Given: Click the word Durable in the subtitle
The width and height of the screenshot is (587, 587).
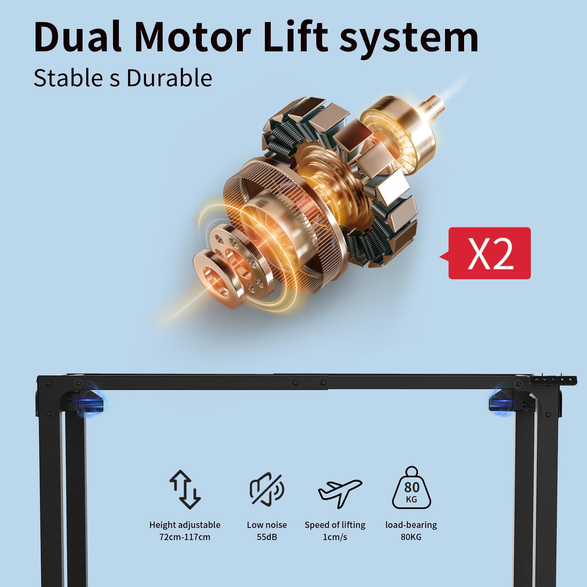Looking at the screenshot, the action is (x=169, y=78).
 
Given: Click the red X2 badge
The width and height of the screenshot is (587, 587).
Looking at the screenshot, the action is (x=485, y=253).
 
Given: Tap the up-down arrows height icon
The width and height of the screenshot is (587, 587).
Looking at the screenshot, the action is (x=185, y=489).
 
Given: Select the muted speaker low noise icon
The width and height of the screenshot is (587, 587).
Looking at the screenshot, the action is (x=267, y=489).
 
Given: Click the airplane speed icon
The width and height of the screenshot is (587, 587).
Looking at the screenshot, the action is (x=340, y=492).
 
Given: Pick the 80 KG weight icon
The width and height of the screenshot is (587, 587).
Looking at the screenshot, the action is (x=412, y=488).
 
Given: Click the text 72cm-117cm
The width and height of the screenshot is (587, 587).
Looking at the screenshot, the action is (x=185, y=537).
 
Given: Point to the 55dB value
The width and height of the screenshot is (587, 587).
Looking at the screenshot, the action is (x=267, y=537).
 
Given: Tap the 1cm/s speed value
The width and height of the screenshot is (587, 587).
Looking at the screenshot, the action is (x=335, y=537).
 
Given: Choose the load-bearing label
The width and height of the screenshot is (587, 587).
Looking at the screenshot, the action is (x=411, y=525).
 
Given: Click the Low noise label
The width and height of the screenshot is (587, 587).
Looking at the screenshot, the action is (x=267, y=525).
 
